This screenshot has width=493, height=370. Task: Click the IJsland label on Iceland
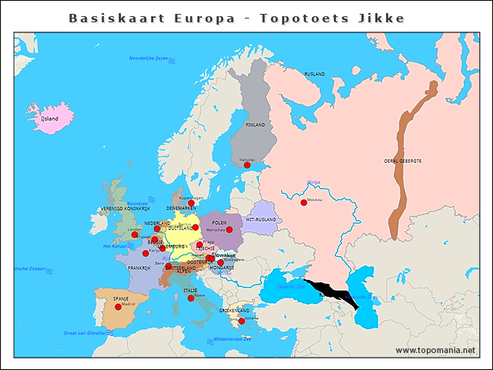click(x=49, y=119)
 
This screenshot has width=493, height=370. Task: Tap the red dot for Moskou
click(x=304, y=203)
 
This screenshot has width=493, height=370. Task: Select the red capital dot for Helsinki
click(x=247, y=165)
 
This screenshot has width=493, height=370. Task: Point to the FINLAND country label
click(x=255, y=125)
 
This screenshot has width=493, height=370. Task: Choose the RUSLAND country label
click(x=314, y=74)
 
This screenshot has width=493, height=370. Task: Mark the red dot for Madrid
click(x=118, y=307)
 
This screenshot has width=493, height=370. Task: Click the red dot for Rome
click(x=191, y=298)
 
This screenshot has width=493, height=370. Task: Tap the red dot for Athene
click(x=242, y=321)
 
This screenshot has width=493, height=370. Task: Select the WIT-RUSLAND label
click(x=260, y=220)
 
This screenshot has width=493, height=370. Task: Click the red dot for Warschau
click(x=229, y=230)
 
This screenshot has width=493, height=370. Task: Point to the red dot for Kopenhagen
click(x=191, y=203)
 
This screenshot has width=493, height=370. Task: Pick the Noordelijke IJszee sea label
click(x=149, y=59)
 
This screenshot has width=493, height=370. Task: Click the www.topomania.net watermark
click(x=435, y=350)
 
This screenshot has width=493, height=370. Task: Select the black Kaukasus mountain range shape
click(x=333, y=293)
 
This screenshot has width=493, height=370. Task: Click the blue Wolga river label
click(x=314, y=183)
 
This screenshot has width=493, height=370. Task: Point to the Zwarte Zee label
click(x=288, y=286)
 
